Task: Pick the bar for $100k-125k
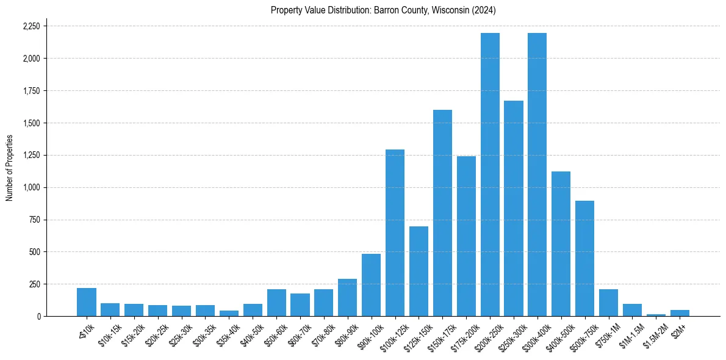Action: click(395, 232)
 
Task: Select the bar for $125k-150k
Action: click(419, 271)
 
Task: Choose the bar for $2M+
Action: click(680, 313)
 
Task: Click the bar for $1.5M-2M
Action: click(656, 315)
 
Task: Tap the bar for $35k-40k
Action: click(229, 313)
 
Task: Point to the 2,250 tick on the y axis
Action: click(31, 26)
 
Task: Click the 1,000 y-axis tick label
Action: click(31, 187)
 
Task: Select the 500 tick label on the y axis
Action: click(35, 252)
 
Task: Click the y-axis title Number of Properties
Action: click(9, 168)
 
